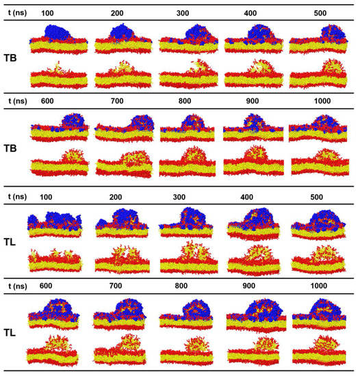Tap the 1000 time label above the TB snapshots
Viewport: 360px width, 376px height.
[315, 100]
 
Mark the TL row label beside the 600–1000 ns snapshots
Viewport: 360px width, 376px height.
[14, 330]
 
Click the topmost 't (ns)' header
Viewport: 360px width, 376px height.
[14, 13]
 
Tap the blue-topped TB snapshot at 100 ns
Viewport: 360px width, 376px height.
[58, 38]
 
